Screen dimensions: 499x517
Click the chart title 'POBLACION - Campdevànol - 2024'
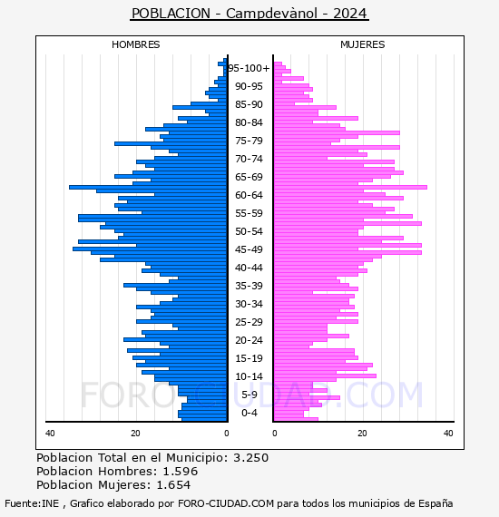pos(249,14)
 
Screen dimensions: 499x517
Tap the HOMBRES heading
pos(135,44)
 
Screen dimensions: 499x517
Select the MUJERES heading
pos(363,44)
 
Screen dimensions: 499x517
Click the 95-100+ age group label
pos(249,68)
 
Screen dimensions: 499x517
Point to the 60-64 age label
pos(249,195)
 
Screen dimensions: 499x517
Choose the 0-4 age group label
pos(249,413)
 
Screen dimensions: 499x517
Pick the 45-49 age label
pos(249,249)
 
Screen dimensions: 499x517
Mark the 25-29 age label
pos(249,322)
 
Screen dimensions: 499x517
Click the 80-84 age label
pos(249,122)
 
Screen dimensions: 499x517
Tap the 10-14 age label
pos(249,376)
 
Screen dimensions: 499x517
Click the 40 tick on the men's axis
pos(50,434)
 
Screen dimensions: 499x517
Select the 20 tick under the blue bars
pos(135,434)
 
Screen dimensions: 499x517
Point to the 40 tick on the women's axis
pos(448,434)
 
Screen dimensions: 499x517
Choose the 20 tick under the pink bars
pos(363,434)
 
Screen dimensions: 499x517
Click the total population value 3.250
pos(251,458)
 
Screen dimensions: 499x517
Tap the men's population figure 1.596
pos(181,471)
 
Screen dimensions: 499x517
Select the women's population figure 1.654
pos(173,485)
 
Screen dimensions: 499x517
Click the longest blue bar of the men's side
pos(149,188)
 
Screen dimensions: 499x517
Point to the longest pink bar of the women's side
pos(350,188)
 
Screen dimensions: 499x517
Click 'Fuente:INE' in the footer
pos(32,503)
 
